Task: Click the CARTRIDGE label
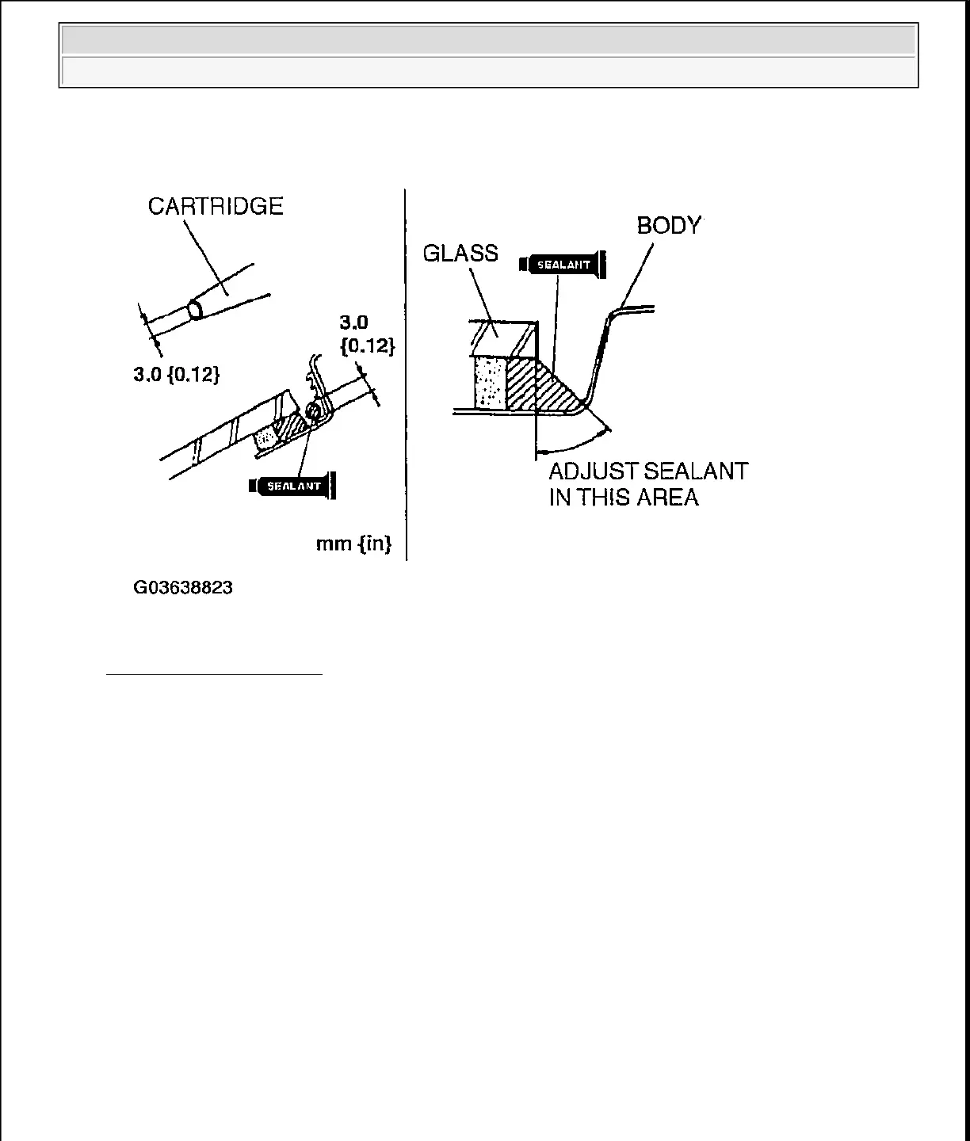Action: coord(216,207)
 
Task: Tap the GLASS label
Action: coord(460,254)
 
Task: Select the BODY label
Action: coord(669,226)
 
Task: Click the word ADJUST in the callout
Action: coord(594,471)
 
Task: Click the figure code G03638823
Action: coord(183,589)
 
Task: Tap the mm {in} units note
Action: coord(353,544)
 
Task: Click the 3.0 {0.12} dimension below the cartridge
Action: coord(177,375)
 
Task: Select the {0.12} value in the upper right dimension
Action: coord(367,346)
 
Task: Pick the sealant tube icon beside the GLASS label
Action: coord(563,265)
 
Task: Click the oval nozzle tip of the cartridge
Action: coord(194,308)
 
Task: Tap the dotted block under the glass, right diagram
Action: coord(491,382)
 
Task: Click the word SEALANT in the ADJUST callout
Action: coord(697,471)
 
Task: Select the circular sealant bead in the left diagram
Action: coord(313,410)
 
